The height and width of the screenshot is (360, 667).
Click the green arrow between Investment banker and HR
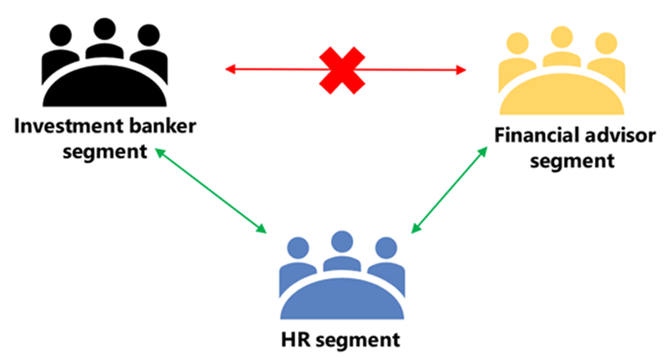[210, 189]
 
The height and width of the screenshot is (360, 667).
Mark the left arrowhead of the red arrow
[231, 67]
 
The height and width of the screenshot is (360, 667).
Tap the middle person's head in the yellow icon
[559, 38]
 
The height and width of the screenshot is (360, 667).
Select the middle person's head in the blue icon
[342, 242]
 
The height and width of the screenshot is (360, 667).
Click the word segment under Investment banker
[105, 149]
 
